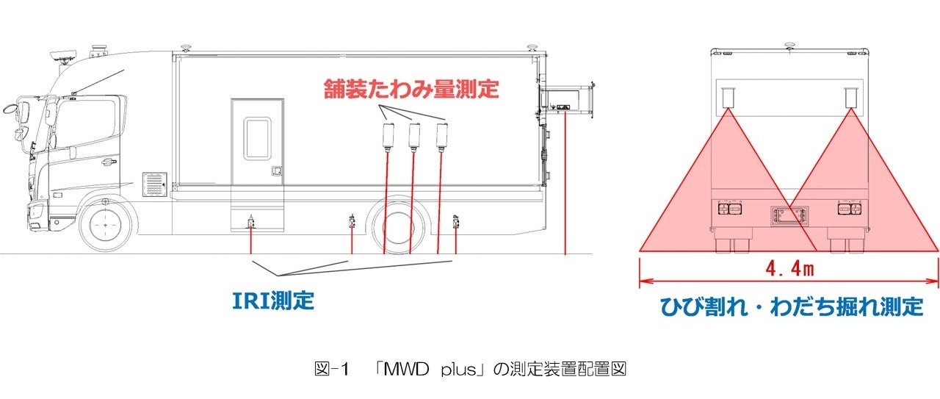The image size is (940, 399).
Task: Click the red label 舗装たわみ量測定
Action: tap(411, 90)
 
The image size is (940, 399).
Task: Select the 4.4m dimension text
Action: tap(789, 269)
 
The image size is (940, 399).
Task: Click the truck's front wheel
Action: tap(106, 222)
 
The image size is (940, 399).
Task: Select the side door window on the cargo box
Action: tap(258, 139)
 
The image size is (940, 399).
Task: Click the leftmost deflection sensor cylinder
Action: tap(388, 136)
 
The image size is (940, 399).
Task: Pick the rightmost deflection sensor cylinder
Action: tap(442, 136)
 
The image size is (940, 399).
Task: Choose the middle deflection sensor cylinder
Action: tap(414, 136)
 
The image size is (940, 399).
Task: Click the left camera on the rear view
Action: tap(727, 98)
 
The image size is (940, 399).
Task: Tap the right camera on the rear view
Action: tap(851, 98)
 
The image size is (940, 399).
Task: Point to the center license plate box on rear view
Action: tap(789, 216)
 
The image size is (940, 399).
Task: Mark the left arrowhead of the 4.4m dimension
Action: tap(643, 281)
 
